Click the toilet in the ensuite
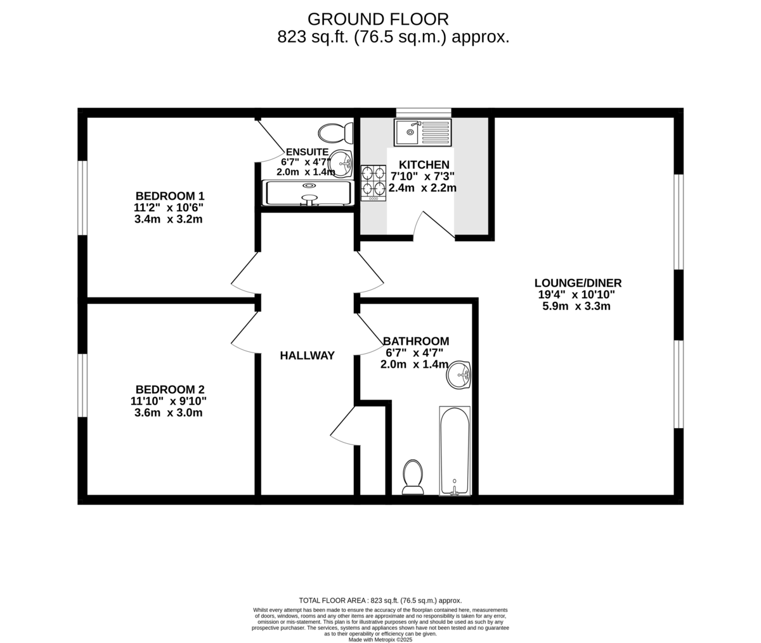pyautogui.click(x=335, y=133)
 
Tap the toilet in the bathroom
pyautogui.click(x=413, y=477)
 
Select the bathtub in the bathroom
pyautogui.click(x=455, y=451)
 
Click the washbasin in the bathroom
pyautogui.click(x=459, y=375)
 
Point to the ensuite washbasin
pyautogui.click(x=341, y=164)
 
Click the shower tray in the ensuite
pyautogui.click(x=308, y=193)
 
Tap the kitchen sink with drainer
pyautogui.click(x=423, y=132)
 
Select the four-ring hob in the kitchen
pyautogui.click(x=374, y=181)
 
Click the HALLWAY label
pyautogui.click(x=307, y=356)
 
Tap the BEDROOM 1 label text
pyautogui.click(x=170, y=196)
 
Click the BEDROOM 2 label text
pyautogui.click(x=169, y=389)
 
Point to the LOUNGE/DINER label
pyautogui.click(x=578, y=283)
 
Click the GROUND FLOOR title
pyautogui.click(x=378, y=19)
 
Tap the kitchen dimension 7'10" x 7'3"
pyautogui.click(x=423, y=176)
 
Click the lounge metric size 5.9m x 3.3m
pyautogui.click(x=576, y=306)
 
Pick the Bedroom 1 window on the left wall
pyautogui.click(x=82, y=197)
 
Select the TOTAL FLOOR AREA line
pyautogui.click(x=380, y=600)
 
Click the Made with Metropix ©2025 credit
pyautogui.click(x=380, y=639)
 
